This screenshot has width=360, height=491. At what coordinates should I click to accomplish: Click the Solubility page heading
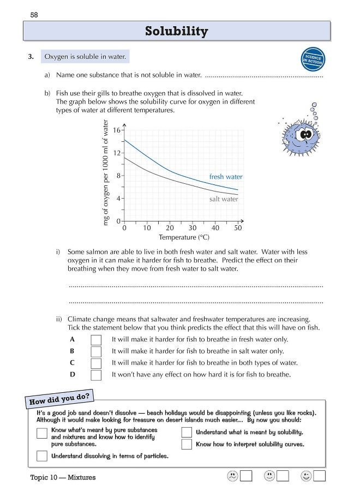click(x=176, y=32)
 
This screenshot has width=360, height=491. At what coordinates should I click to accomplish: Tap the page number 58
click(x=34, y=14)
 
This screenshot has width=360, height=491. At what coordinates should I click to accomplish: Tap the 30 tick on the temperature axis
click(x=193, y=229)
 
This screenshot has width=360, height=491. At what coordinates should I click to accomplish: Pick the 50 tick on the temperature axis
click(x=238, y=229)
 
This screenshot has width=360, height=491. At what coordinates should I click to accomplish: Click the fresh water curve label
click(x=226, y=177)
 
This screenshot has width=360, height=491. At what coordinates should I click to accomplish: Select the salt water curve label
click(x=224, y=200)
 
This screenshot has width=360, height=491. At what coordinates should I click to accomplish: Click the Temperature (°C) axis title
click(x=184, y=238)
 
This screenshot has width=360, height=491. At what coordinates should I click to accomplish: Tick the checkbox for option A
click(x=96, y=339)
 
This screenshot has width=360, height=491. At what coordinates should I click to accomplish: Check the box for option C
click(x=96, y=363)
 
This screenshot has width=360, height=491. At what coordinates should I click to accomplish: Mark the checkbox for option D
click(x=96, y=375)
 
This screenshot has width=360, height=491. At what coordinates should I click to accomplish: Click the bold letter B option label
click(x=72, y=351)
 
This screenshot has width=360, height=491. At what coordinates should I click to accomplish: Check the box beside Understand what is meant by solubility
click(x=187, y=432)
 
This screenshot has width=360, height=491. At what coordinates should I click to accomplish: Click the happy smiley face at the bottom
click(x=306, y=476)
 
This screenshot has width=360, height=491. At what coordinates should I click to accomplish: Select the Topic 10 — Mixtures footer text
click(x=63, y=477)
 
